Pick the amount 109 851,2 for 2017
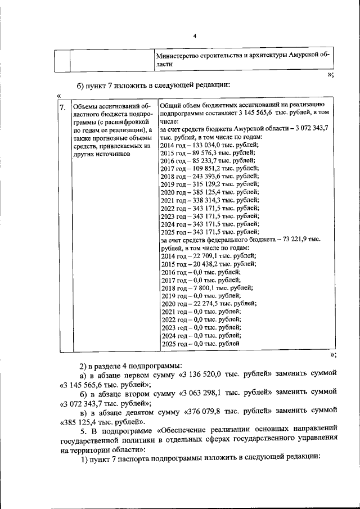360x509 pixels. pos(201,168)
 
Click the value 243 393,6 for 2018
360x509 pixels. pos(201,176)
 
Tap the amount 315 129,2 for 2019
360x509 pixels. pos(201,184)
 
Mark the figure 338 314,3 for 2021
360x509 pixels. pos(201,200)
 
